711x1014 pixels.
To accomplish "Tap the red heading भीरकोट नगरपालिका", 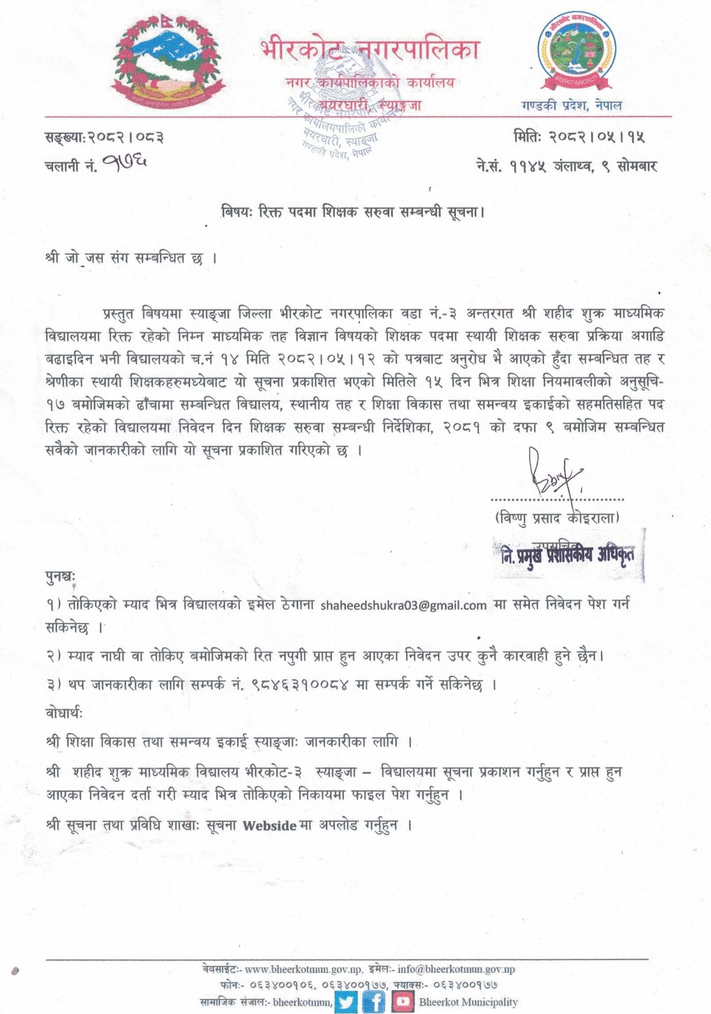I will (x=369, y=50).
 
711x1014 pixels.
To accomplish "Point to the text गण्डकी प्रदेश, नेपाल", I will (x=572, y=106).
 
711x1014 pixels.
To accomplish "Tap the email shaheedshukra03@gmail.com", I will (x=403, y=605).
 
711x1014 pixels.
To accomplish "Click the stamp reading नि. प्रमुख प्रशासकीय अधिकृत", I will (x=568, y=555).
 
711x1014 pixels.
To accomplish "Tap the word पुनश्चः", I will (x=61, y=577).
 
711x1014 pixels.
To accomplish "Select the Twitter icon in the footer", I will (x=346, y=1002).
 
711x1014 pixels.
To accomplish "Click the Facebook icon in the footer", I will (x=374, y=1002).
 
